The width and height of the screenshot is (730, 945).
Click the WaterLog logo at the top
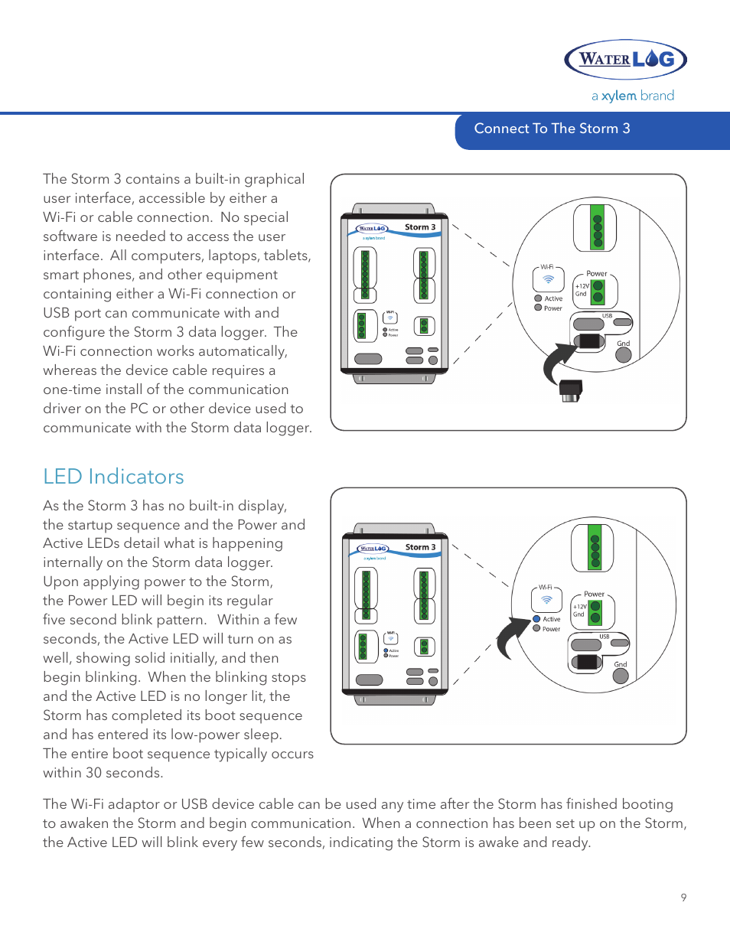(625, 59)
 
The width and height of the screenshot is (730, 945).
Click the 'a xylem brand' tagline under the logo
(633, 96)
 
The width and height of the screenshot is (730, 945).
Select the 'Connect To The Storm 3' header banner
(552, 129)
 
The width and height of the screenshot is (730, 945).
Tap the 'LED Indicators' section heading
(113, 477)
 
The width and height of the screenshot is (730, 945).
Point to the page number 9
(683, 898)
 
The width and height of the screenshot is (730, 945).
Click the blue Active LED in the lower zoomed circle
(537, 619)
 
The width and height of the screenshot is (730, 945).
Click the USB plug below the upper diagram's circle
(571, 389)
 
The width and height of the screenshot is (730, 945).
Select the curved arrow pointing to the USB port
(557, 363)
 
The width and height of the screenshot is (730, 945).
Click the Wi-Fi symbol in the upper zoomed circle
(549, 279)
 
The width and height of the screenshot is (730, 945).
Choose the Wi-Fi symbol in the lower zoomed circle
(546, 600)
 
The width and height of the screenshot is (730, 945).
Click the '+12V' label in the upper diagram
(582, 286)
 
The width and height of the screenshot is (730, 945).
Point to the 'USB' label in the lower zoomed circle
(605, 637)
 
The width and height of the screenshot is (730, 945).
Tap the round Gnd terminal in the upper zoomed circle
(624, 355)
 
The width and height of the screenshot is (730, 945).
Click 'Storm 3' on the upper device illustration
(420, 227)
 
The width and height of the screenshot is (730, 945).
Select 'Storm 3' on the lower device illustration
(420, 547)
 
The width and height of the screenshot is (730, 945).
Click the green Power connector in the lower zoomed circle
(595, 612)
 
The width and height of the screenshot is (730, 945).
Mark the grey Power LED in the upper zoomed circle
(538, 308)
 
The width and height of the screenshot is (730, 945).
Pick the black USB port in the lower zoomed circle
(588, 662)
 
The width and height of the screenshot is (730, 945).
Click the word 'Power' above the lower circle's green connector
(594, 594)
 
